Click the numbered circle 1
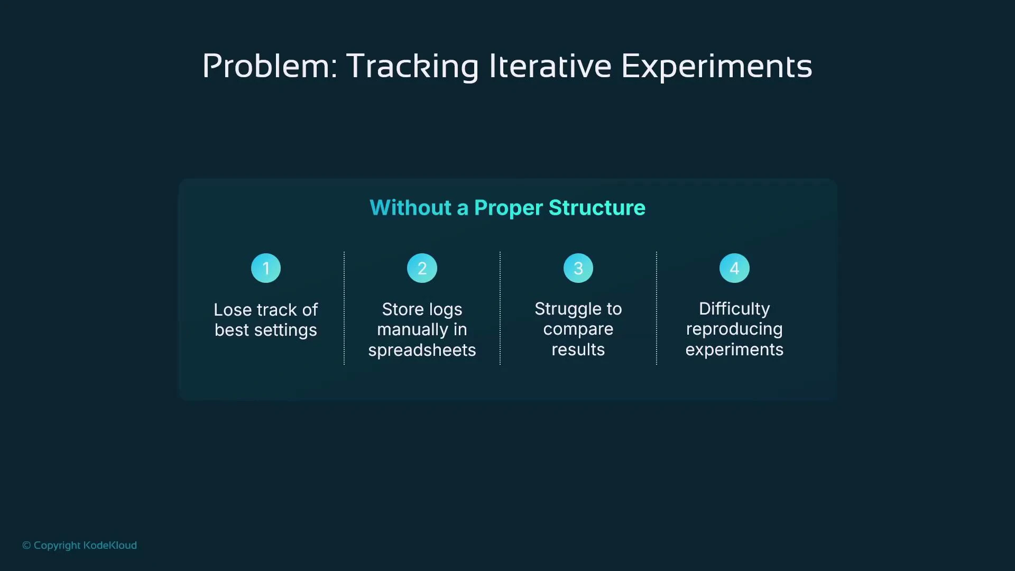[x=266, y=268]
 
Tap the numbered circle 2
[x=422, y=268]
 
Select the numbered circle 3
[x=578, y=268]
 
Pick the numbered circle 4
[x=734, y=268]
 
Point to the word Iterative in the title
[x=550, y=67]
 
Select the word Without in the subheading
[x=410, y=208]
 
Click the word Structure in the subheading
[x=597, y=208]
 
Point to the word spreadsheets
[x=422, y=351]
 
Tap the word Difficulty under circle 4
[x=734, y=309]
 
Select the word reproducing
[x=734, y=329]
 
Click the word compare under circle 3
[x=578, y=329]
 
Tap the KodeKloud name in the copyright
[x=110, y=545]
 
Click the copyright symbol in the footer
[x=26, y=546]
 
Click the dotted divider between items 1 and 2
[x=344, y=308]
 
